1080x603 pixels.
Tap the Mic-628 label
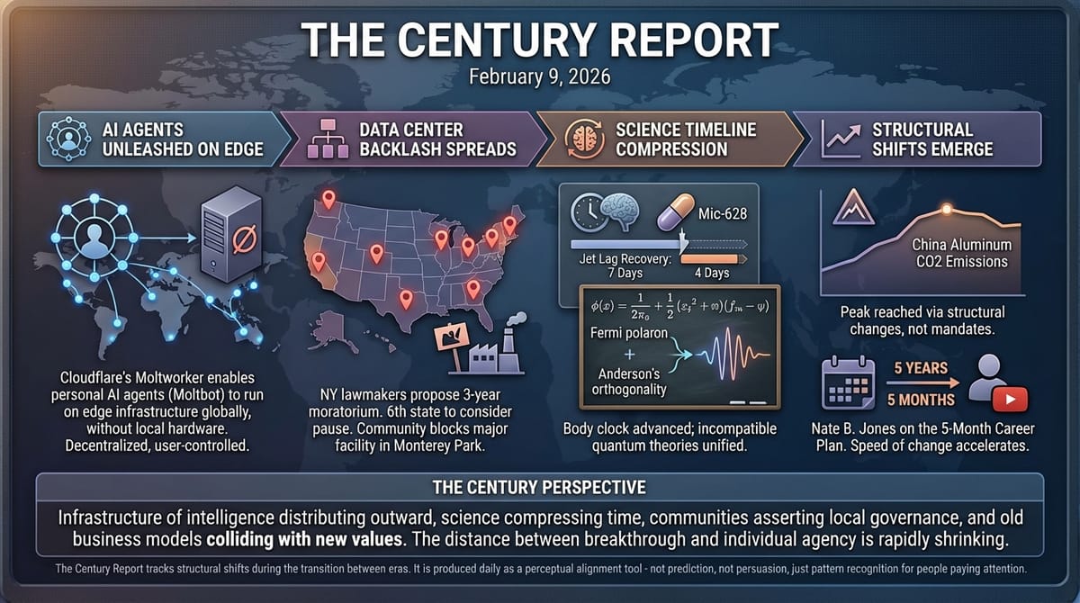(723, 215)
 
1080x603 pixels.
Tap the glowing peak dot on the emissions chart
(946, 210)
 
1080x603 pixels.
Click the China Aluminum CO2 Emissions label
(961, 253)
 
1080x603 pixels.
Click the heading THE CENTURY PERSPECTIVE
(539, 489)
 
